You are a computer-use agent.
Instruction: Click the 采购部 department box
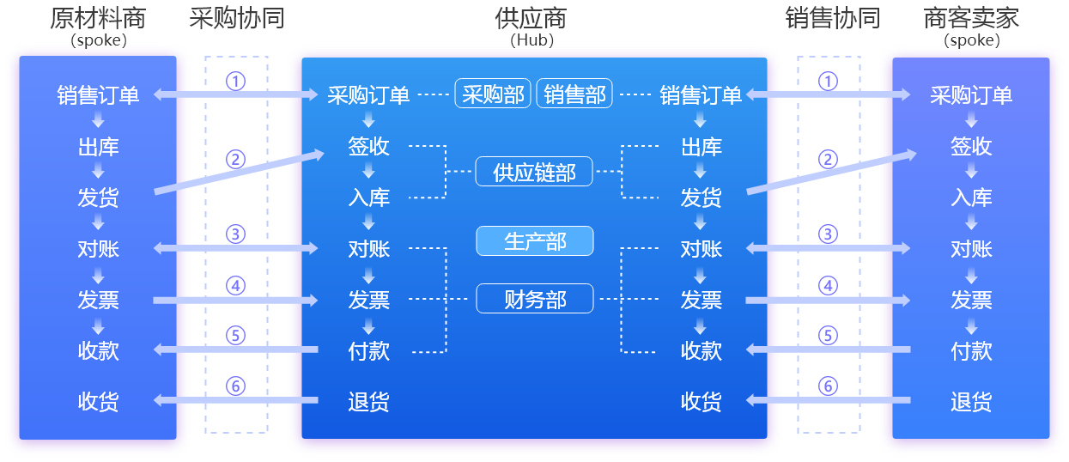click(x=493, y=94)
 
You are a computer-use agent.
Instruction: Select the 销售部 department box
click(x=574, y=94)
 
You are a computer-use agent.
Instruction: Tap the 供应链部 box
click(x=534, y=172)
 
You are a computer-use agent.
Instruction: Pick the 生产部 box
click(x=534, y=241)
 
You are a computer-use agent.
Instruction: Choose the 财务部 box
click(x=534, y=299)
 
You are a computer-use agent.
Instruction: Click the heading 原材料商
click(x=97, y=19)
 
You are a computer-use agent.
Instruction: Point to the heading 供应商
click(x=531, y=19)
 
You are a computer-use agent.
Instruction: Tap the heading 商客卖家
click(x=971, y=19)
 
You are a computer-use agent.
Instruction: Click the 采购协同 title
click(x=236, y=19)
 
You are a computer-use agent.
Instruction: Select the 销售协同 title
click(x=832, y=19)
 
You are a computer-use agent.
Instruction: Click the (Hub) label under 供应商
click(x=531, y=40)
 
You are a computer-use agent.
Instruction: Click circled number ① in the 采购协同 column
click(x=235, y=81)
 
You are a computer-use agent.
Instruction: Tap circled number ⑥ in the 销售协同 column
click(x=828, y=386)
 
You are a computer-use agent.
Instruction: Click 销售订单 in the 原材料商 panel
click(x=98, y=95)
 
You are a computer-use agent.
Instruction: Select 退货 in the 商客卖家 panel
click(x=971, y=402)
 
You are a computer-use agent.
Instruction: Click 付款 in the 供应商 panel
click(x=369, y=351)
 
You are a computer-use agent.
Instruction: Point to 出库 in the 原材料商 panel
click(x=98, y=147)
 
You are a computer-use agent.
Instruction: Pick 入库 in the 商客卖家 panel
click(x=971, y=198)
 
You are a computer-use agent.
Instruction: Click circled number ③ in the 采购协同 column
click(x=235, y=234)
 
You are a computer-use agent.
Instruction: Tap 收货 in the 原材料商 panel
click(x=98, y=402)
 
